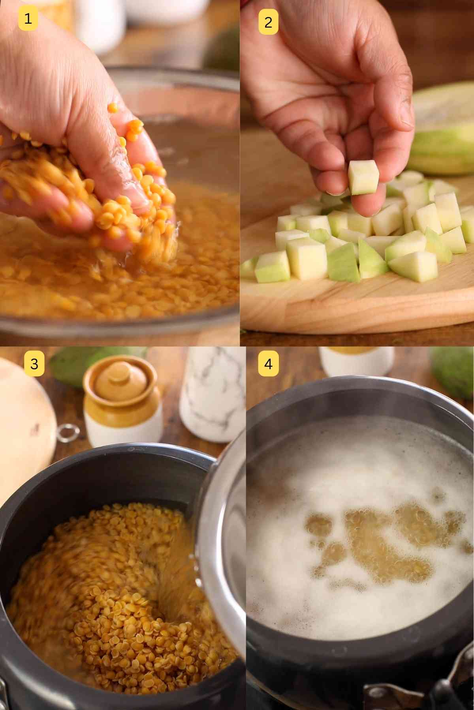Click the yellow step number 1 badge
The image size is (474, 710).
(28, 19)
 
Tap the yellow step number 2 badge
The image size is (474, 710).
(268, 22)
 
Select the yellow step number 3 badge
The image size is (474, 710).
(34, 363)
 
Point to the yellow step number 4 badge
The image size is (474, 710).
(268, 363)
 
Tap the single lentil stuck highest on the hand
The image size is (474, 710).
(113, 106)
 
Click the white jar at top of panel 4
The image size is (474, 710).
(355, 361)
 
